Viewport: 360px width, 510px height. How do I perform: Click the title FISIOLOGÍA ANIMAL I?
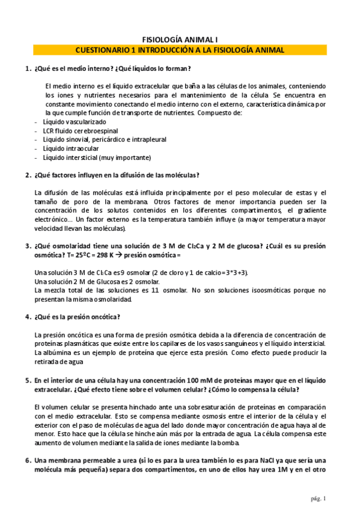coord(180,38)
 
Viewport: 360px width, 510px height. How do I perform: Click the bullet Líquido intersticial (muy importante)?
coord(97,158)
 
